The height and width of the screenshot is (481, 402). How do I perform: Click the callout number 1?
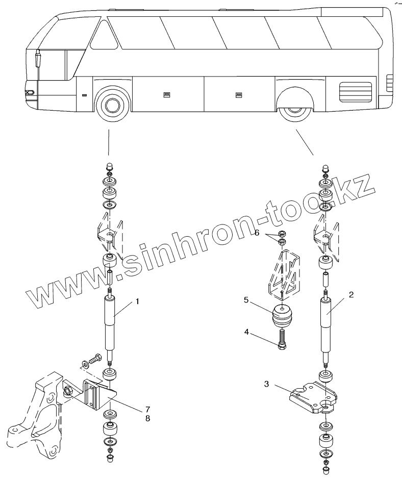(x=137, y=301)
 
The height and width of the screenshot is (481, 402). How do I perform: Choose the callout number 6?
(x=257, y=233)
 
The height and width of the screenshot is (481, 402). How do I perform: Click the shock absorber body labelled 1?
(x=111, y=324)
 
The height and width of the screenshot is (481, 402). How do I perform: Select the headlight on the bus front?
(x=30, y=93)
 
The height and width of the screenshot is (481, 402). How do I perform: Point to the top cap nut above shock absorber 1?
(x=109, y=167)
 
